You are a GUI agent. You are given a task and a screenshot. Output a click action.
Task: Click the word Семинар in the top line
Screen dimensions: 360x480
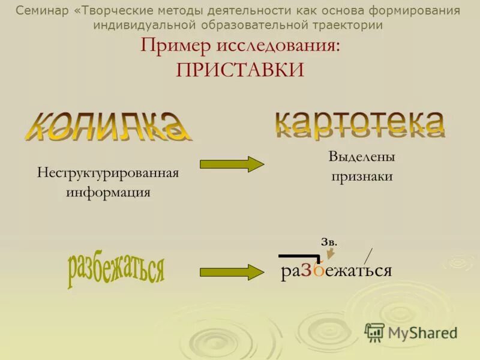41,11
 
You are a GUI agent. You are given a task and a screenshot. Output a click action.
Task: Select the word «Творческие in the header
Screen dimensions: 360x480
110,11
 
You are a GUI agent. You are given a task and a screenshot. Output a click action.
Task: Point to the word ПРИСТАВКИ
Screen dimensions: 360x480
240,69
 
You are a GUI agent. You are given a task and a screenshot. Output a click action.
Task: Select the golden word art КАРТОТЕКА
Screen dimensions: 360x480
360,123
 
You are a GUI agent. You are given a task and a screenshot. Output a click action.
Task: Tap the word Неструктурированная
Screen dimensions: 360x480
108,173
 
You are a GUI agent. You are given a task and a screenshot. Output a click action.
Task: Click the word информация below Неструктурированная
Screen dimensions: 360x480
108,193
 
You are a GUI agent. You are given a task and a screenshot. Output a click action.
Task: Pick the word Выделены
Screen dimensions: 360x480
361,157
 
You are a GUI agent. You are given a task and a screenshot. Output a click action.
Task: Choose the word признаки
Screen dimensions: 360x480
361,176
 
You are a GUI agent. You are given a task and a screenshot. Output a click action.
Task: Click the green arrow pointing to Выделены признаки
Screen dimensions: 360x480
232,164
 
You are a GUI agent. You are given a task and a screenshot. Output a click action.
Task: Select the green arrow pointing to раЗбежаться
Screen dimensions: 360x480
232,271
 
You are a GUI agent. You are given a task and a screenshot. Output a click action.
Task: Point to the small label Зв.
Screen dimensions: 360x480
329,242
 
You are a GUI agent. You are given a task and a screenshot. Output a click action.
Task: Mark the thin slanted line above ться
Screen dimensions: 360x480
368,255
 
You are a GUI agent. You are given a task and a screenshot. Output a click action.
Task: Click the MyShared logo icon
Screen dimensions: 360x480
374,332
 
